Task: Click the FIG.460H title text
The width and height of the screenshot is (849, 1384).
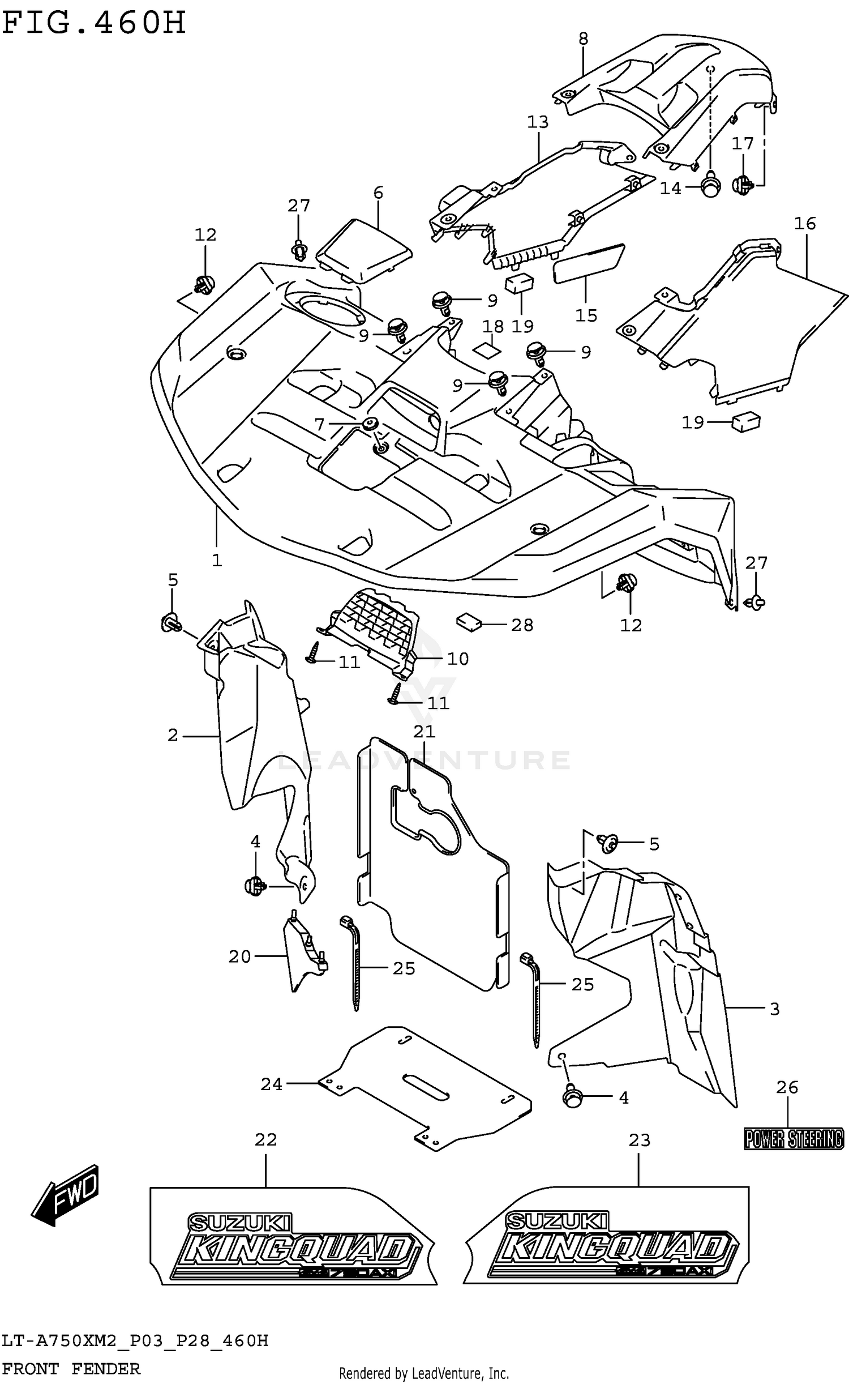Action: (x=93, y=24)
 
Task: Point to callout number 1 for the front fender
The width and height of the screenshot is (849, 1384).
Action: (x=217, y=561)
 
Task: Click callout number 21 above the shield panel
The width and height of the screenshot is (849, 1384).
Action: (x=424, y=732)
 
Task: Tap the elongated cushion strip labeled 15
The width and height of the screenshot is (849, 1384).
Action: (x=589, y=263)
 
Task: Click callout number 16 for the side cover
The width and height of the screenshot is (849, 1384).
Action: (x=804, y=224)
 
